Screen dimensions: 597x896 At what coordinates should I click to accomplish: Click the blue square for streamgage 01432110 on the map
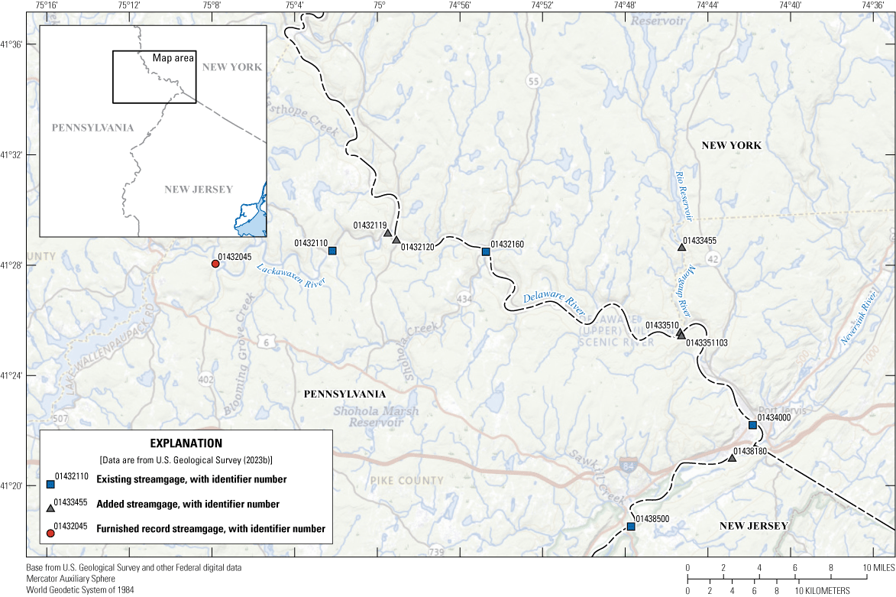(x=332, y=251)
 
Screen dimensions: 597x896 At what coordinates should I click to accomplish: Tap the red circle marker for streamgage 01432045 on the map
(x=215, y=264)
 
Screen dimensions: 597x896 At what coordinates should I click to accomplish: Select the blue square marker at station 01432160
(x=486, y=251)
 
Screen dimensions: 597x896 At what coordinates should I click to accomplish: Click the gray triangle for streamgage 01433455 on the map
(x=681, y=247)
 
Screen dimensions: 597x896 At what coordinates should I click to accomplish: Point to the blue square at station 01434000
(x=752, y=425)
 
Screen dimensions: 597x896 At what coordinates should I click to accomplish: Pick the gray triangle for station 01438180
(x=733, y=458)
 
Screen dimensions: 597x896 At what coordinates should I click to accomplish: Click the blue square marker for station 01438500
(x=631, y=526)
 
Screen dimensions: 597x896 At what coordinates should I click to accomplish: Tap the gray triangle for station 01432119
(x=387, y=233)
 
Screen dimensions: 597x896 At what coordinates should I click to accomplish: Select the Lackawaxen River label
(x=291, y=275)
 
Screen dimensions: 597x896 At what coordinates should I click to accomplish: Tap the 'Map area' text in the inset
(x=173, y=58)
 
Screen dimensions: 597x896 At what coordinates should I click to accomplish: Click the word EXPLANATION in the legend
(x=186, y=443)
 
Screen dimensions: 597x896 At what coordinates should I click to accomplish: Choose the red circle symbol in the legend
(x=50, y=533)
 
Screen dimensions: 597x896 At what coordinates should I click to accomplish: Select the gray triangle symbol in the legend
(x=50, y=508)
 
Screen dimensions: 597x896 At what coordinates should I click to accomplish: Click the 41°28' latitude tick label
(x=14, y=265)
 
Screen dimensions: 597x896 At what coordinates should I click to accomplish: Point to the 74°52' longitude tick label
(x=542, y=5)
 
